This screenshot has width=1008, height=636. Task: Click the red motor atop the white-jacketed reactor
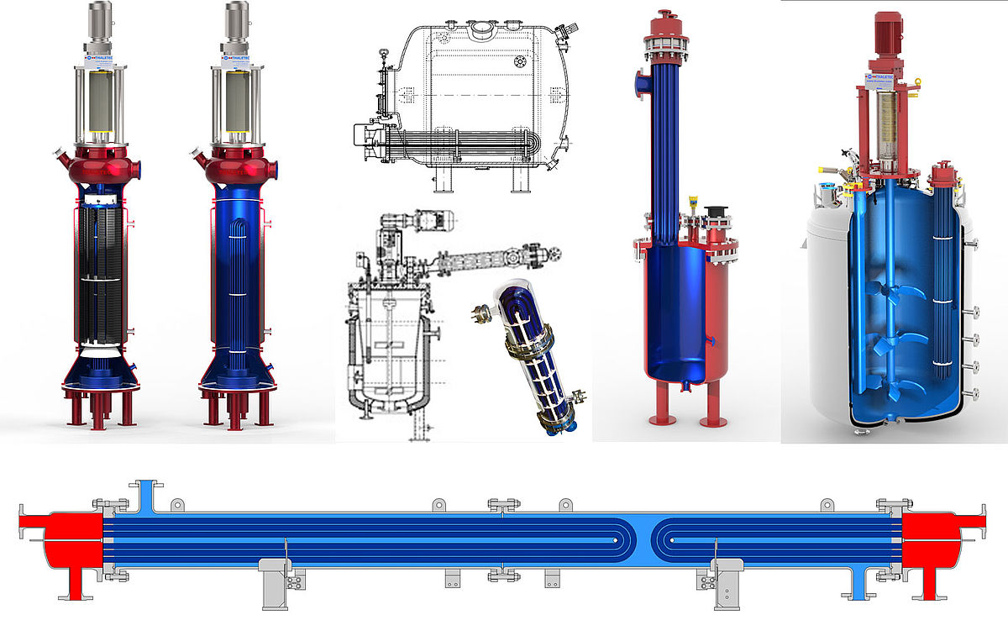(887, 34)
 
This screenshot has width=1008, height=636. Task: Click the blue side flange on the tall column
(640, 83)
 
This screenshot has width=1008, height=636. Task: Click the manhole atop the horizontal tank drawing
(482, 30)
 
